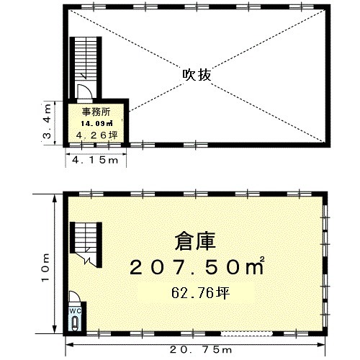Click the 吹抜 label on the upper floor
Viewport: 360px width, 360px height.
click(x=197, y=75)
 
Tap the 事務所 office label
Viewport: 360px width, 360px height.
click(x=96, y=112)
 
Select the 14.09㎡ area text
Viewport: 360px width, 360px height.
click(x=96, y=123)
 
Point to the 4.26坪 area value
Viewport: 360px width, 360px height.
click(x=97, y=135)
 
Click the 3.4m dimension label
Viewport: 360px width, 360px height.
click(x=47, y=121)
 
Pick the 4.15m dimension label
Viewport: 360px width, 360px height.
click(x=95, y=160)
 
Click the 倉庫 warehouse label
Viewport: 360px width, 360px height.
click(x=195, y=241)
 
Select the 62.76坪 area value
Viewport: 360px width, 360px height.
click(x=201, y=293)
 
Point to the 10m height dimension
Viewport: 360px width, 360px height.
click(x=45, y=267)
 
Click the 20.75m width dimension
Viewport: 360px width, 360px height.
click(x=201, y=350)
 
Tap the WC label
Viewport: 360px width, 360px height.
click(x=75, y=311)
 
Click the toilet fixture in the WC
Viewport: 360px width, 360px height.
click(x=76, y=323)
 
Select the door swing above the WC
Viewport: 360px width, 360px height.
click(x=75, y=297)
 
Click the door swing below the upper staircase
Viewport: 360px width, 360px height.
click(x=84, y=91)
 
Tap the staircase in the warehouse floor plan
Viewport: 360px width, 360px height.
click(x=86, y=244)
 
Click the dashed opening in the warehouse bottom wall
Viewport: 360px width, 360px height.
click(x=246, y=333)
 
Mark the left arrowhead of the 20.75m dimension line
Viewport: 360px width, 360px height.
click(x=69, y=345)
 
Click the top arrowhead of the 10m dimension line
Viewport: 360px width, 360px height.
click(x=55, y=198)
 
